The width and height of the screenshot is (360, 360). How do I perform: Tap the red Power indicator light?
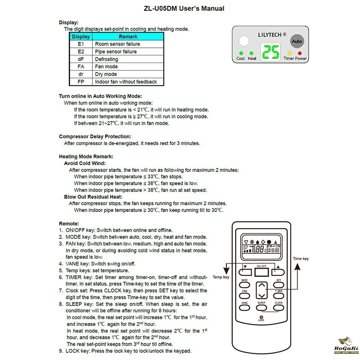click(x=299, y=54)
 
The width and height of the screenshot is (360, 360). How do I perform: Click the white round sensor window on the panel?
click(x=243, y=41)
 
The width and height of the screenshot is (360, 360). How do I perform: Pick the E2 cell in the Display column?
click(x=81, y=52)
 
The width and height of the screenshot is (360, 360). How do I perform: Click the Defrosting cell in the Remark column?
click(x=107, y=59)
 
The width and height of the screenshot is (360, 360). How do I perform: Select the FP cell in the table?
click(x=81, y=82)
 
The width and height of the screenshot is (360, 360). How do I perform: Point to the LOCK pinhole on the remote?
click(x=261, y=316)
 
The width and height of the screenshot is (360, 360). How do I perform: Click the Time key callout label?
click(x=301, y=259)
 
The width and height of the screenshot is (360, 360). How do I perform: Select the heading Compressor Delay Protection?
click(x=95, y=136)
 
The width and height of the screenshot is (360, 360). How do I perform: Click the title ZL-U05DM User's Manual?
click(x=180, y=9)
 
